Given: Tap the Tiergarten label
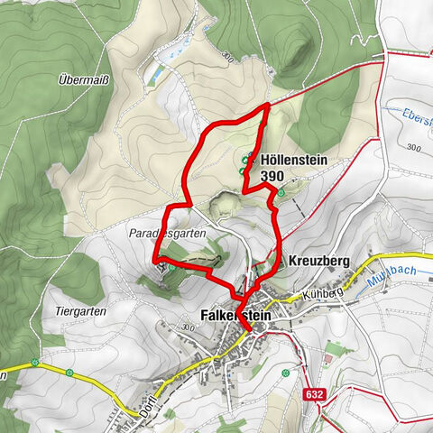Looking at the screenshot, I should click(x=68, y=311).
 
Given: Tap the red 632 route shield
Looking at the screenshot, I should click(x=312, y=394).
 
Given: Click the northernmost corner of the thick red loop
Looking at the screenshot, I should click(x=268, y=106).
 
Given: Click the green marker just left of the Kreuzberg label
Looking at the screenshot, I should click(x=279, y=262).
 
